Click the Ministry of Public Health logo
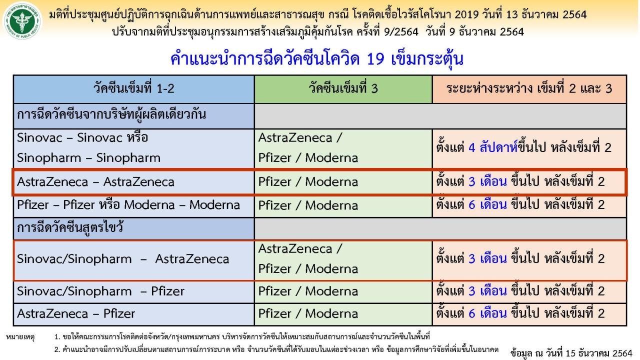(21, 21)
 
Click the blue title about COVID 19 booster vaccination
(316, 59)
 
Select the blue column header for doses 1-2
(133, 89)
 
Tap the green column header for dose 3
(343, 89)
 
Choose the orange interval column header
(529, 89)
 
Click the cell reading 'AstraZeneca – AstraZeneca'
(133, 182)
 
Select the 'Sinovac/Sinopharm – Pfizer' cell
(133, 291)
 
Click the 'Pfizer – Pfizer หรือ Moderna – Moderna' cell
(133, 205)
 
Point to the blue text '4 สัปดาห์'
(493, 147)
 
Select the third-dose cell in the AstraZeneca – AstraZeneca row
(343, 182)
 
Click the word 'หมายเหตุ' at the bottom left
(20, 337)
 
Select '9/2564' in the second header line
(401, 31)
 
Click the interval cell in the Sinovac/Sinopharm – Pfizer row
(529, 291)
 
